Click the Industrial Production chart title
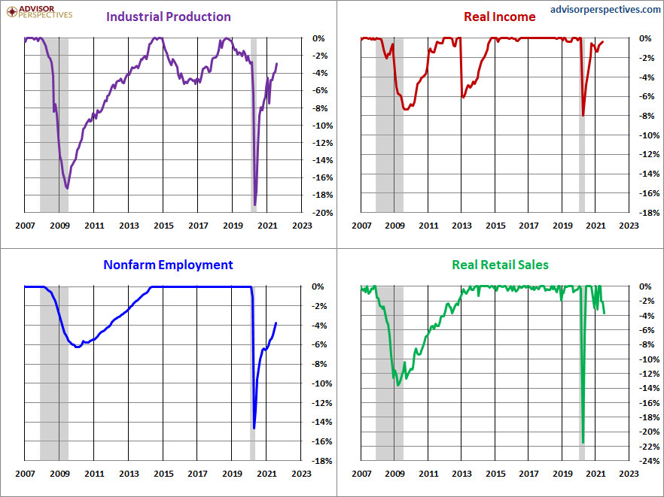coord(169,17)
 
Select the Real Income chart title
coord(500,17)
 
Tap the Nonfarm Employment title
coord(168,265)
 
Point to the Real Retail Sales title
coord(500,265)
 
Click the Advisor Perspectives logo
coord(39,12)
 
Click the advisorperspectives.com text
coord(605,9)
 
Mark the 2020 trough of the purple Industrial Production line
coord(255,205)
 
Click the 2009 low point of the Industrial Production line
coord(67,188)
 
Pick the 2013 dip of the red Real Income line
coord(463,97)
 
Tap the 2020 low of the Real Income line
coord(583,115)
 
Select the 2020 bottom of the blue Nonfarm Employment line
coord(254,428)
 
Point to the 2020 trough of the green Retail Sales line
coord(583,442)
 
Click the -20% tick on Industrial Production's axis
coord(322,213)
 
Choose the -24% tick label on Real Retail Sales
coord(649,461)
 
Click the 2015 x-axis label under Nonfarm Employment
coord(163,474)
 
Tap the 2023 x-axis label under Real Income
coord(629,226)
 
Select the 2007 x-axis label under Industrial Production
coord(25,226)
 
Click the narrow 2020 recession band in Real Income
coord(582,126)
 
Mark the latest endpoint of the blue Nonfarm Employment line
coord(276,323)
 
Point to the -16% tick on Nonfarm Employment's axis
coord(322,441)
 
